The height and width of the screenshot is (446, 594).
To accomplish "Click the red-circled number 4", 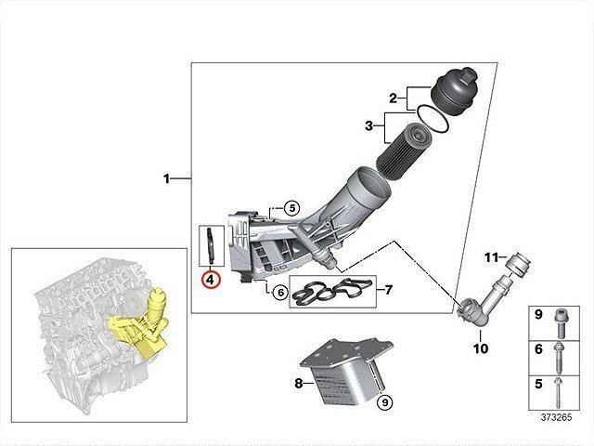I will pyautogui.click(x=210, y=278).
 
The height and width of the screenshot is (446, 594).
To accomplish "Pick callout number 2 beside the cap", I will pyautogui.click(x=393, y=98).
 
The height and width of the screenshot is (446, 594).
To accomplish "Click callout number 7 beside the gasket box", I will pyautogui.click(x=388, y=290).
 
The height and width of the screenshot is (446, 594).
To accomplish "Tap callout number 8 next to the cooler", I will pyautogui.click(x=299, y=382).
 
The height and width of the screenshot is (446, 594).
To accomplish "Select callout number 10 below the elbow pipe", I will pyautogui.click(x=480, y=348).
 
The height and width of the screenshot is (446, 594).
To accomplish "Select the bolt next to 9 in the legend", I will pyautogui.click(x=562, y=319).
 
